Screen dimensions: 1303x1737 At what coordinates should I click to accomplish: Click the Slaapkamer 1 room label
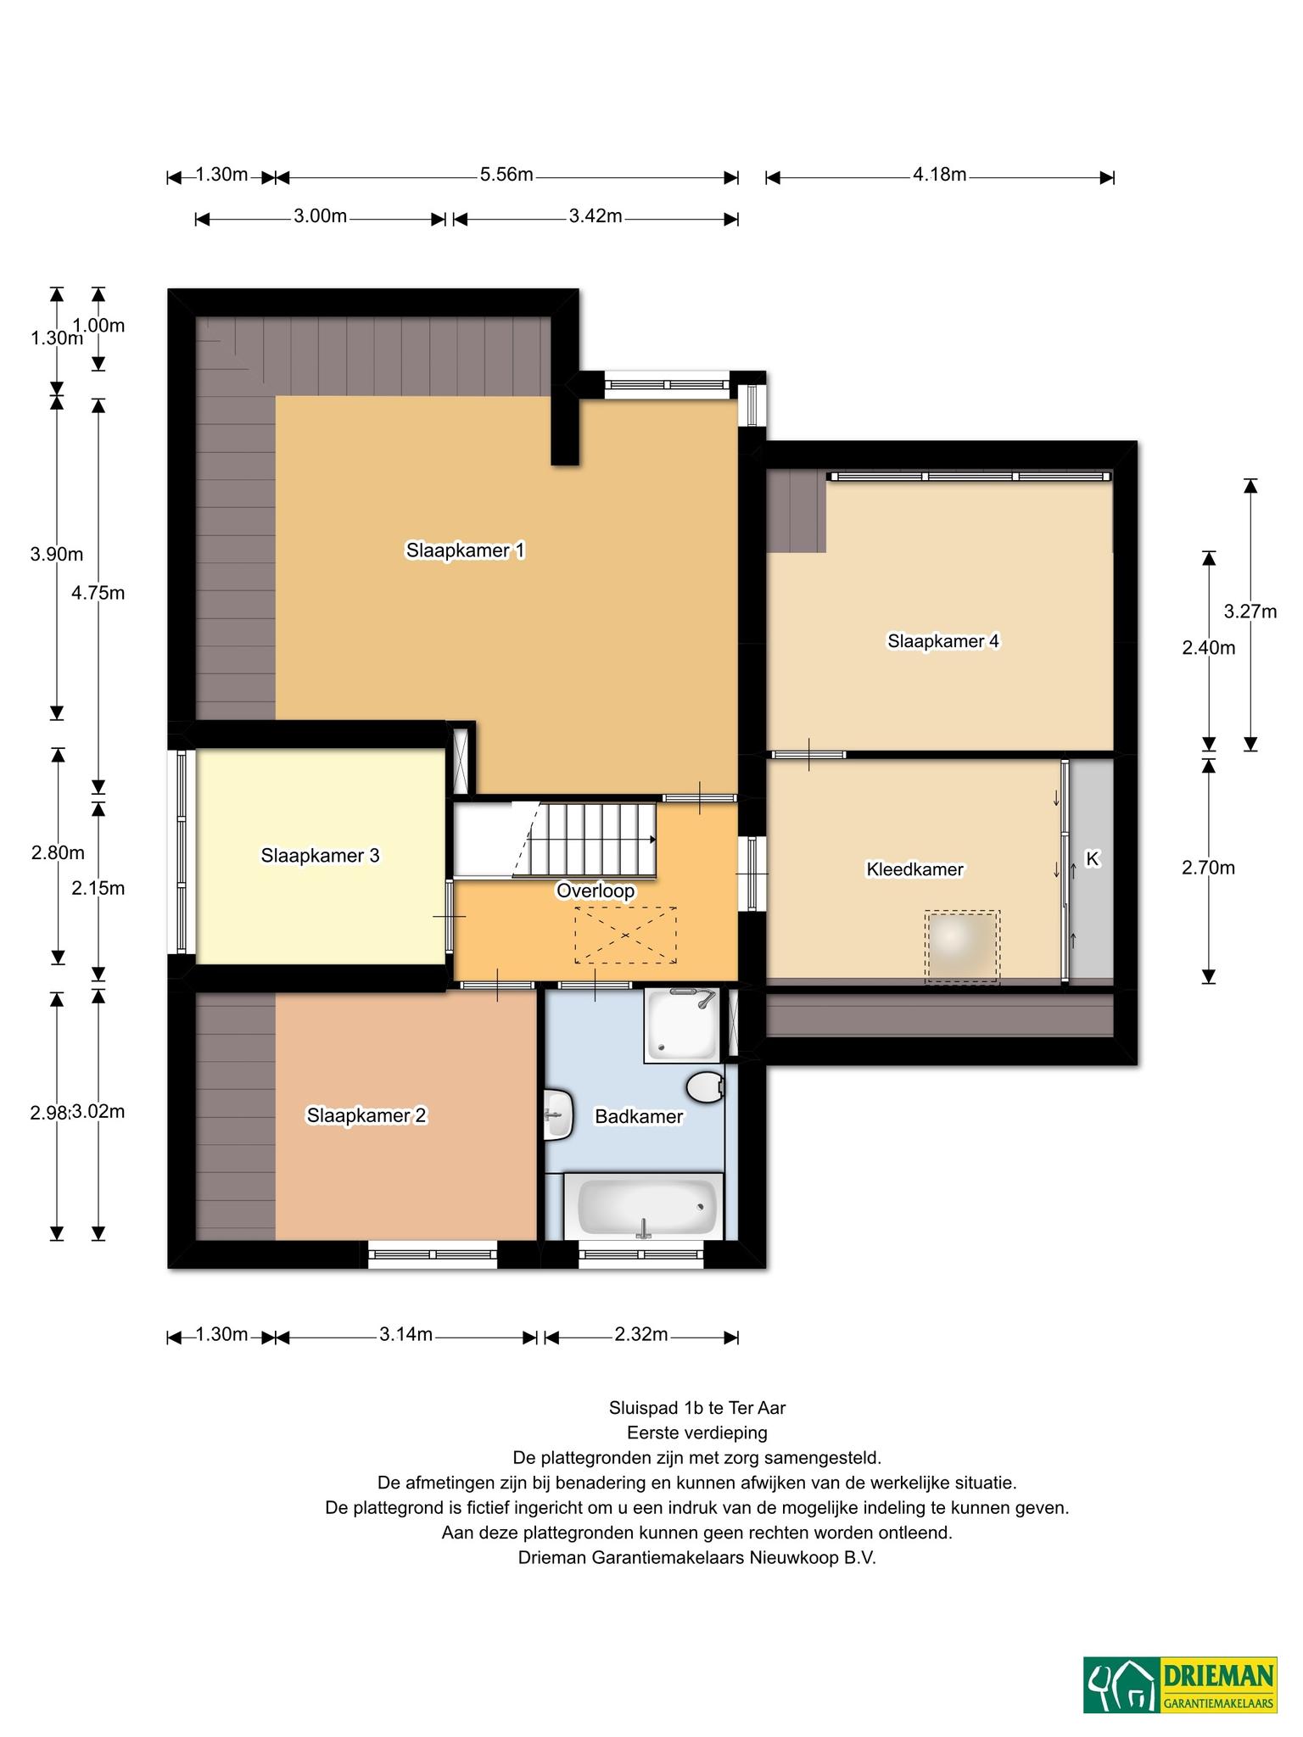point(465,550)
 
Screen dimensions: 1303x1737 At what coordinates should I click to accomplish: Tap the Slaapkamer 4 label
point(943,641)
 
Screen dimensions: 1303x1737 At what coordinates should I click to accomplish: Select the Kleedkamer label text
point(914,869)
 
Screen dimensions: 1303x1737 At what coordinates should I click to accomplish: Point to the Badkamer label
point(639,1116)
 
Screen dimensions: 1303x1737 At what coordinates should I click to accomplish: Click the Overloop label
point(596,891)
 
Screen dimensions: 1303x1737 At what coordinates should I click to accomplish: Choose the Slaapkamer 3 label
point(320,856)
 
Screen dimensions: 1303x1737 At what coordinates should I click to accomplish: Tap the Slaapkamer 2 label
point(366,1115)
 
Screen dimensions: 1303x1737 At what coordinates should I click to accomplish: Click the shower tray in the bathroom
point(681,1025)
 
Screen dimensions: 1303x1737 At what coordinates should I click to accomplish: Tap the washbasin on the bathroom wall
point(558,1113)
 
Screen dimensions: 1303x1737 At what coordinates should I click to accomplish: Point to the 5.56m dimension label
point(506,175)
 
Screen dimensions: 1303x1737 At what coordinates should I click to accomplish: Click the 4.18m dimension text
point(940,175)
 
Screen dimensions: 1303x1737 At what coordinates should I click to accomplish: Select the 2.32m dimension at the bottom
point(641,1334)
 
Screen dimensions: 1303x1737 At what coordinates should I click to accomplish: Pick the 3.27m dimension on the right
point(1250,611)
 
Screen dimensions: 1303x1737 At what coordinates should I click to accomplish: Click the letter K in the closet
point(1093,859)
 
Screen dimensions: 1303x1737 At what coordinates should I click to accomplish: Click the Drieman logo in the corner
point(1180,1684)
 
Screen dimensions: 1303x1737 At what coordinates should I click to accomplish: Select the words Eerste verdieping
point(697,1433)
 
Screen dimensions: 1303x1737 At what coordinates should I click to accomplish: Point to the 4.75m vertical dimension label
point(98,593)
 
